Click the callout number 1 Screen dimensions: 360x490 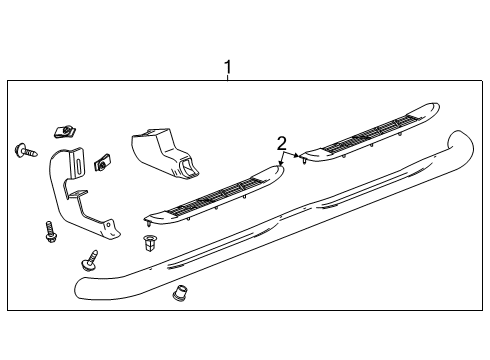click(227, 67)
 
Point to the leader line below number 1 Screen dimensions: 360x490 click(227, 79)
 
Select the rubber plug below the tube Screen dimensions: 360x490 click(181, 294)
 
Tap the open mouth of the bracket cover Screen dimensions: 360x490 click(184, 165)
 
